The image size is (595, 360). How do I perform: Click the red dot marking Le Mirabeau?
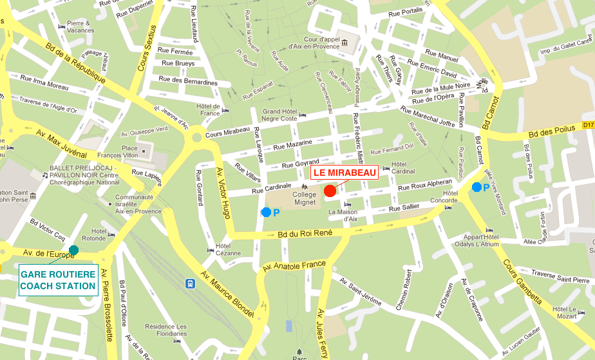pyautogui.click(x=330, y=190)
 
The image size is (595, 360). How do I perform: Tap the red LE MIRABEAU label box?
pyautogui.click(x=345, y=172)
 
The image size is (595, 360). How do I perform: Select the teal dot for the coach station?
pyautogui.click(x=74, y=250)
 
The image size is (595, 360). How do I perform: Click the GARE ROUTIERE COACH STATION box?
pyautogui.click(x=58, y=280)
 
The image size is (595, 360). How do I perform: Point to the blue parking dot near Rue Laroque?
pyautogui.click(x=266, y=212)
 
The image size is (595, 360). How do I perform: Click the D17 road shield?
pyautogui.click(x=588, y=125)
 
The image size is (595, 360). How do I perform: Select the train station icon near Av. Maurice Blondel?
pyautogui.click(x=191, y=283)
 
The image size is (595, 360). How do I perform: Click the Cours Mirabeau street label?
pyautogui.click(x=227, y=131)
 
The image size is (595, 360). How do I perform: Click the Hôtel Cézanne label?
pyautogui.click(x=223, y=249)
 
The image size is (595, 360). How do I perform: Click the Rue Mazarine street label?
pyautogui.click(x=292, y=146)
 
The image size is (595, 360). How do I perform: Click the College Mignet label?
pyautogui.click(x=305, y=198)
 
